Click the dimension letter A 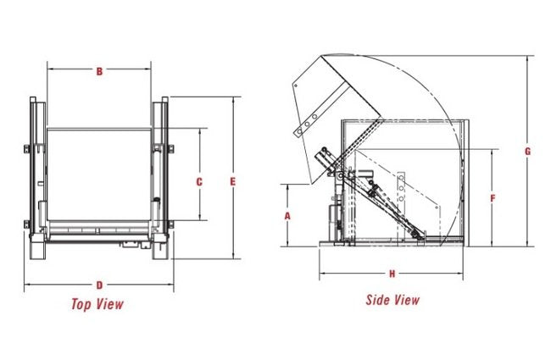[288, 215]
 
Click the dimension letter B [99, 71]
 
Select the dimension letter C [199, 181]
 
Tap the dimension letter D [99, 285]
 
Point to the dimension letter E [232, 180]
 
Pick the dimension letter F [493, 197]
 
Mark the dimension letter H [392, 274]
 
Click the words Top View [97, 304]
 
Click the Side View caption [392, 299]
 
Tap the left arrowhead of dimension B [50, 71]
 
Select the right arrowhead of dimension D [173, 285]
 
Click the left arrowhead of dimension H [321, 274]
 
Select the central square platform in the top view [99, 174]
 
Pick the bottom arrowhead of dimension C [199, 217]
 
